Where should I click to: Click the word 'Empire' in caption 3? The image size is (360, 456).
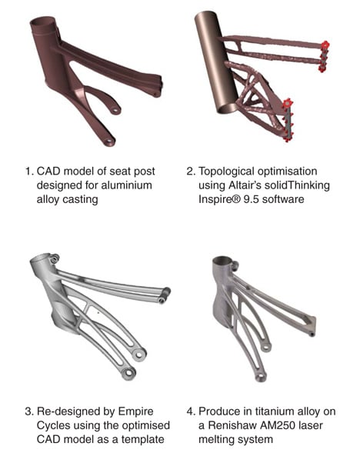point(135,412)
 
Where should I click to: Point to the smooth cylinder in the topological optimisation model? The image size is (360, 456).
point(216,62)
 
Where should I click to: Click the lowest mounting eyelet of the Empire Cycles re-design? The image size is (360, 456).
point(128,374)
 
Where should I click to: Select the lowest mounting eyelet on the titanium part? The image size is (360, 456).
point(261,377)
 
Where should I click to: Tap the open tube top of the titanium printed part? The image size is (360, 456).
point(222,260)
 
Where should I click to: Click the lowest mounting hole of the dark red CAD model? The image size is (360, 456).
point(109,141)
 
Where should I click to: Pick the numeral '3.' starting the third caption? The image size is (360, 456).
point(28,412)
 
